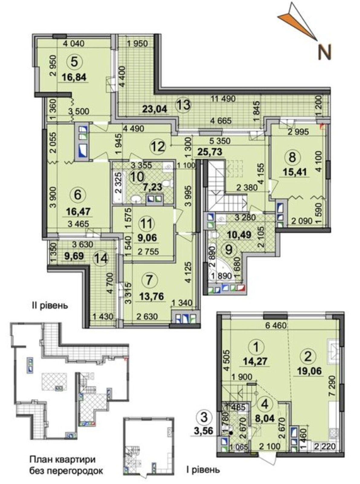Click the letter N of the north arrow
point(325,53)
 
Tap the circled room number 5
point(74,62)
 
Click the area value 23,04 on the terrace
point(154,109)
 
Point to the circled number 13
point(183,105)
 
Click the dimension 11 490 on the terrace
point(224,99)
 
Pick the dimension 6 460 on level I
point(275,326)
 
